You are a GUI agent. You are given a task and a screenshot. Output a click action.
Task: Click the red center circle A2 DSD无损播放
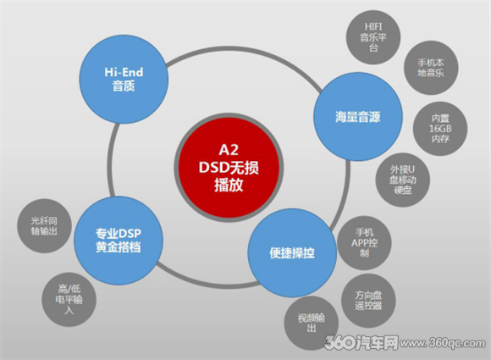pos(229,168)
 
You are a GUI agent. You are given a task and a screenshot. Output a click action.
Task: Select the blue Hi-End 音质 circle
pos(124,80)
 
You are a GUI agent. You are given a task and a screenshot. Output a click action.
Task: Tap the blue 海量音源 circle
pos(358,117)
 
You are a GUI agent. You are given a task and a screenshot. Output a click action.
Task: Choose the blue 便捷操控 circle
pos(292,252)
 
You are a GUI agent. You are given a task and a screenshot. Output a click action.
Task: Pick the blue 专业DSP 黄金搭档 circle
pos(119,241)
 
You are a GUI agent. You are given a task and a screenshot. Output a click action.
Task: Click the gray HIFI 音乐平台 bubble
pos(373,37)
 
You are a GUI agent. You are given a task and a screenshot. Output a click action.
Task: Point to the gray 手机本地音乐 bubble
pos(431,68)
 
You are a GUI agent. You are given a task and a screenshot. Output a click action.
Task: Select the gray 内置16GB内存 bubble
pos(440,129)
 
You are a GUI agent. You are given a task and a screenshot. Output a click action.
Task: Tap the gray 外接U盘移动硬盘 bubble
pos(403,180)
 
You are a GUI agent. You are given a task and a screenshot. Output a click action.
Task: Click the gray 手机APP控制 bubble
pos(364,243)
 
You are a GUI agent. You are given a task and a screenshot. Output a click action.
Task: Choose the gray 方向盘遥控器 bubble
pos(368,301)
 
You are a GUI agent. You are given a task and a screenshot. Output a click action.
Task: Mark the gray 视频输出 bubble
pos(312,323)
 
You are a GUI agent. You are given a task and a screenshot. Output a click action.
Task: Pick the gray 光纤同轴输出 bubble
pos(44,226)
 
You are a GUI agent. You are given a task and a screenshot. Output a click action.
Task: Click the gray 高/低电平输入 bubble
pos(69,300)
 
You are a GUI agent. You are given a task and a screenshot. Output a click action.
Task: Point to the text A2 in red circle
pos(229,150)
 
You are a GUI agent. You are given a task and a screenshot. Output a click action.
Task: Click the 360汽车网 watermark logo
pos(361,342)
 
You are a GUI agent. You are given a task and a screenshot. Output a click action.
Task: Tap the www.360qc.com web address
pos(443,343)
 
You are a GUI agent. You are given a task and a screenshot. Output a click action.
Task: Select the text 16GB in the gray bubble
pos(440,129)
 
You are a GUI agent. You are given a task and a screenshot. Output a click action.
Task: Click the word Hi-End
pos(124,72)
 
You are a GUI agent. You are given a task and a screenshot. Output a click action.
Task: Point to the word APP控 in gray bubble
pos(365,243)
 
